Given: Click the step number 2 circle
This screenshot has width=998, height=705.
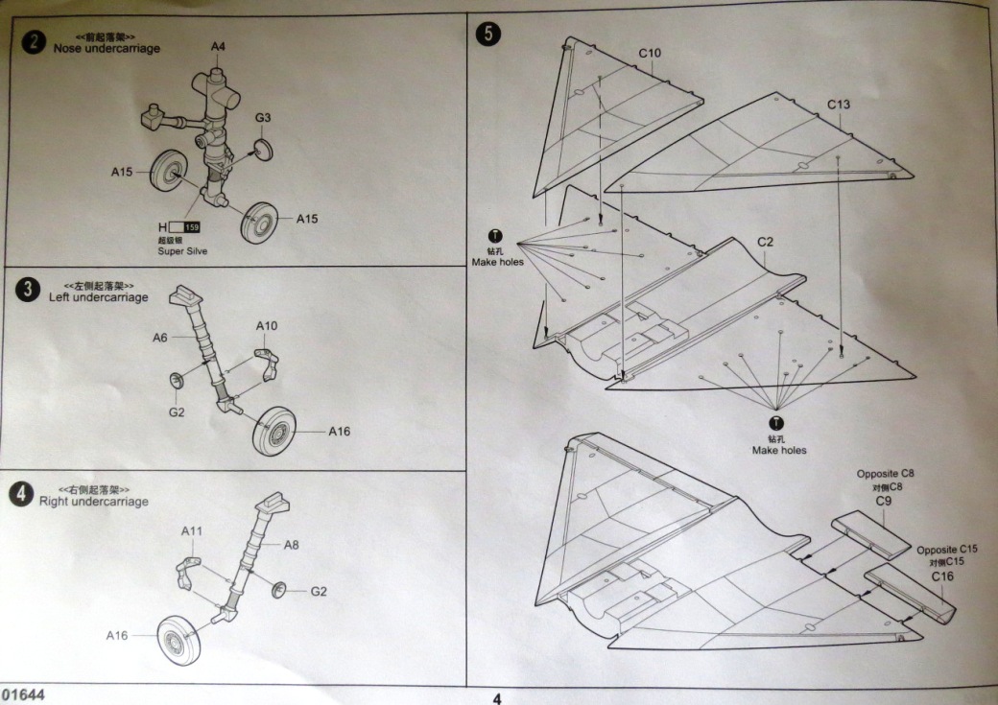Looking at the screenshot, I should pyautogui.click(x=35, y=42).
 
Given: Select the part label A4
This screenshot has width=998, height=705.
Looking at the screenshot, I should pyautogui.click(x=218, y=46).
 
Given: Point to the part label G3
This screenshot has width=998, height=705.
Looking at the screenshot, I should pyautogui.click(x=263, y=118).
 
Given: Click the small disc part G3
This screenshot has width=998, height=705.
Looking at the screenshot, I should pyautogui.click(x=262, y=150).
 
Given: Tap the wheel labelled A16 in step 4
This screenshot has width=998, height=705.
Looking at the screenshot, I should pyautogui.click(x=179, y=639).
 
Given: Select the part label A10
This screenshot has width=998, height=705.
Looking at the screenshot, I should pyautogui.click(x=267, y=326).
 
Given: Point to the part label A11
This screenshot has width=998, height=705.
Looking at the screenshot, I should pyautogui.click(x=192, y=530).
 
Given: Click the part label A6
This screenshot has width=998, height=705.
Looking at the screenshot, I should pyautogui.click(x=159, y=338).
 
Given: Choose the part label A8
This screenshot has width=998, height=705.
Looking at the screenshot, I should pyautogui.click(x=292, y=544).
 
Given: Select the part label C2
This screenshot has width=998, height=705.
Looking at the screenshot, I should pyautogui.click(x=765, y=242).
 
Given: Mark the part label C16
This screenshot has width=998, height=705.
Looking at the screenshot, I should pyautogui.click(x=941, y=576).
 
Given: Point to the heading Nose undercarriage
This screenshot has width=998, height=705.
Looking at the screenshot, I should pyautogui.click(x=107, y=48).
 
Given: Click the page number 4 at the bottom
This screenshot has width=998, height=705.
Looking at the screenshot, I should pyautogui.click(x=496, y=698).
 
